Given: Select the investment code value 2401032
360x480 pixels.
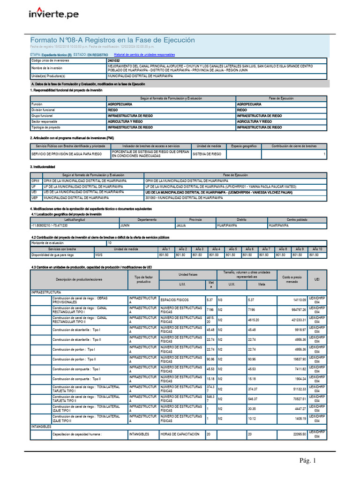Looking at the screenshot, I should click(x=113, y=61).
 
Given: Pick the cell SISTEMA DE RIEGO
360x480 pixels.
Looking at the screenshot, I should click(x=207, y=154).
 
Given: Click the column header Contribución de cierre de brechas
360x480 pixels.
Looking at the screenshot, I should click(x=294, y=146).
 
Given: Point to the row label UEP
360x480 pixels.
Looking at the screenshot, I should click(x=35, y=198).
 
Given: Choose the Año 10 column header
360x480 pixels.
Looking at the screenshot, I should click(x=317, y=249).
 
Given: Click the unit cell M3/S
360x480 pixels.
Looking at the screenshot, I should click(x=100, y=255).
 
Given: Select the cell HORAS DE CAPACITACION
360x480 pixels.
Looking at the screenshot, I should click(x=180, y=434).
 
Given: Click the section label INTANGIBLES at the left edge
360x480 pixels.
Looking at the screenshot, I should click(x=41, y=427).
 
